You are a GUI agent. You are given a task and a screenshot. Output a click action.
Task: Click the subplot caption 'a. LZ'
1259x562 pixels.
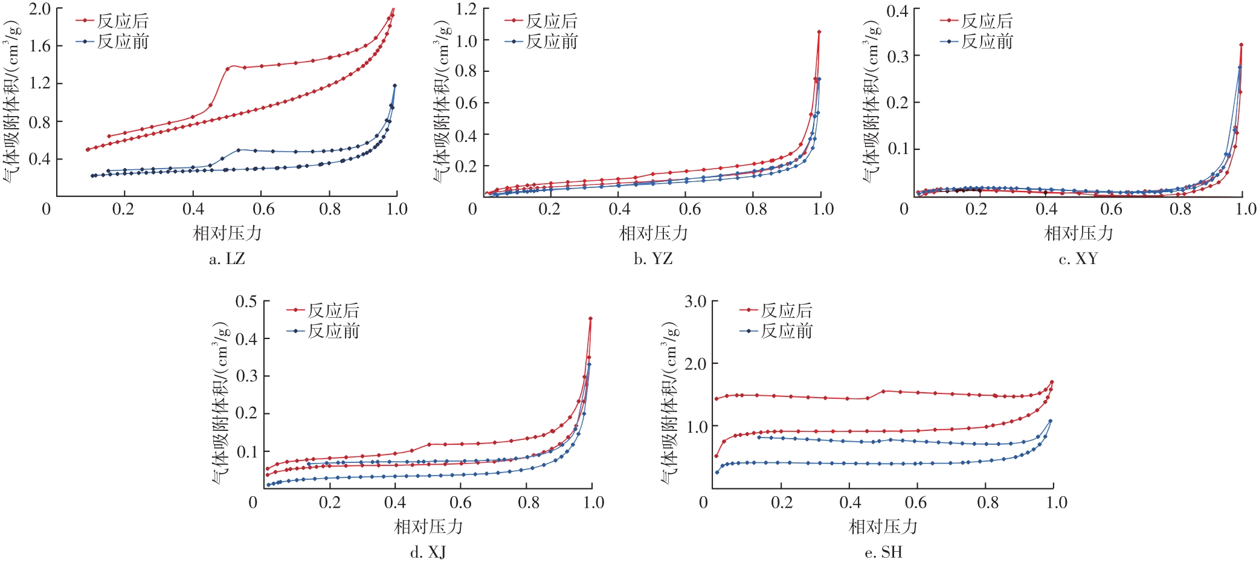[x=227, y=259]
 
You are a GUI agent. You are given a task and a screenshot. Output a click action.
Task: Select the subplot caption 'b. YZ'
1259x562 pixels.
[x=653, y=259]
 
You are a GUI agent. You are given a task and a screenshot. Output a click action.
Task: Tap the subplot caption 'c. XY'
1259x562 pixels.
[x=1078, y=259]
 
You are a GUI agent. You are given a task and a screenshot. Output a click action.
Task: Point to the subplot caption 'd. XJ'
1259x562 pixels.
[x=428, y=552]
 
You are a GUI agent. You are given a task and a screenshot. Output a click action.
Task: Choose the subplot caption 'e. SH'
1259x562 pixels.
[x=883, y=552]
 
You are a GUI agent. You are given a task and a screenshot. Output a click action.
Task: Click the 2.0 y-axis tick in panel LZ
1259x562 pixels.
[x=40, y=9]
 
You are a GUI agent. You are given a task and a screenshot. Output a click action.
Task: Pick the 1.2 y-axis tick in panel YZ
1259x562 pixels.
[x=466, y=9]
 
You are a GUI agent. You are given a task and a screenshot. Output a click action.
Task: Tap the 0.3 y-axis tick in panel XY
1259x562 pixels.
[x=898, y=56]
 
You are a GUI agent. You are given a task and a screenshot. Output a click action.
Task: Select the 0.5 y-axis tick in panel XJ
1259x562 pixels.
[x=246, y=302]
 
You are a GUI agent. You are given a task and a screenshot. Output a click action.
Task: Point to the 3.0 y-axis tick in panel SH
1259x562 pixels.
[x=695, y=302]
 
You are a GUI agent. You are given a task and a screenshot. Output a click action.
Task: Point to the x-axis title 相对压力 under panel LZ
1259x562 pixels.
[x=227, y=233]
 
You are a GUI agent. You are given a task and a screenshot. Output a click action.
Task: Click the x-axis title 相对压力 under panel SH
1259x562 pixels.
[x=883, y=526]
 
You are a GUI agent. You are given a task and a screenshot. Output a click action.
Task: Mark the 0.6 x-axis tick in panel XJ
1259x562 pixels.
[x=460, y=503]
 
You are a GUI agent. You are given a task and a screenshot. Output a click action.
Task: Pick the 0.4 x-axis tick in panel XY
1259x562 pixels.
[x=1046, y=210]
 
